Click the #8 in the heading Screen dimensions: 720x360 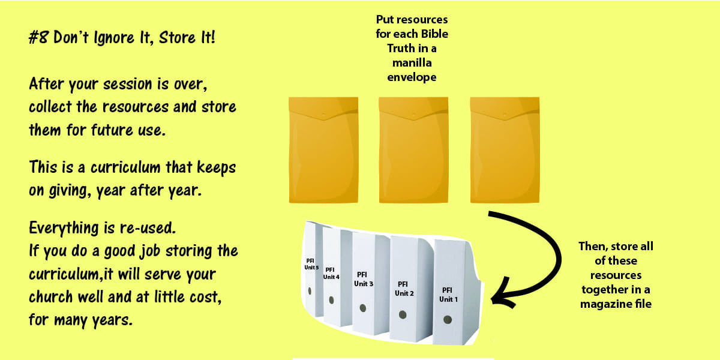coord(38,37)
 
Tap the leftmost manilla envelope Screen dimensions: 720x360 coord(323,150)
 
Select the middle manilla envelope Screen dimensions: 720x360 coord(413,150)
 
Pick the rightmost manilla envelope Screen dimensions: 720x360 coord(505,150)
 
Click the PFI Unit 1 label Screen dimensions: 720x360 coord(448,295)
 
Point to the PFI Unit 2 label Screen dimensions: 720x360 coord(404,289)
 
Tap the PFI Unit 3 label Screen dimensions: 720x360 coord(363,279)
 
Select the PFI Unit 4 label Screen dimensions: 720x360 coord(331,273)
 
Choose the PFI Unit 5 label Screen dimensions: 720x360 coord(311,264)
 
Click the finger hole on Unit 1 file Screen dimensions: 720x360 coord(448,319)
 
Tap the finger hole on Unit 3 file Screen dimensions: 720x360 coord(363,308)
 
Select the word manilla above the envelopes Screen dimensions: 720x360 coord(412,62)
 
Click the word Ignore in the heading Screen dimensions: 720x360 coord(114,38)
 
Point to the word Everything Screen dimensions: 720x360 coord(64,228)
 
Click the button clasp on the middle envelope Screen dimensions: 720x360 coord(413,114)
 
